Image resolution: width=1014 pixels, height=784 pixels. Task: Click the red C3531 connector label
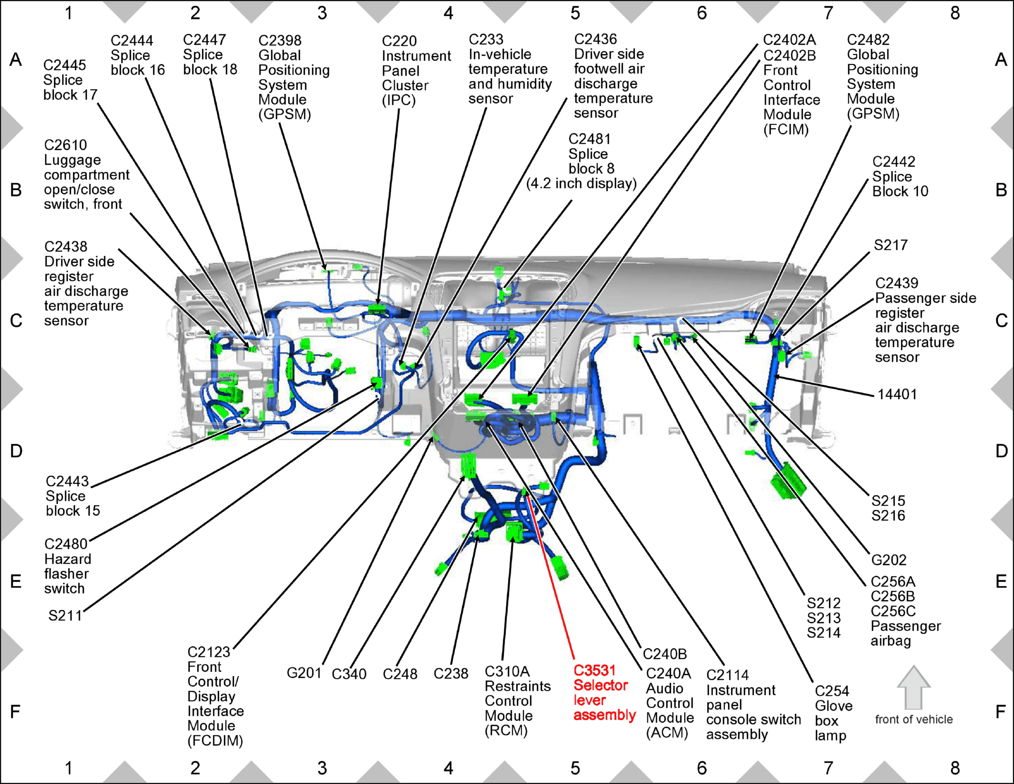click(595, 670)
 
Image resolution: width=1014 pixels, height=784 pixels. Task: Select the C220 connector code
click(399, 41)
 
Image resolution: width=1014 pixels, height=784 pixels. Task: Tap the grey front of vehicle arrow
click(914, 687)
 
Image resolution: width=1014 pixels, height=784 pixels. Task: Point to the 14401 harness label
click(897, 394)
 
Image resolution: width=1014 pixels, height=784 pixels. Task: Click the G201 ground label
click(304, 673)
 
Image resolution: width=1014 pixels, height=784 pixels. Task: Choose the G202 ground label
click(888, 560)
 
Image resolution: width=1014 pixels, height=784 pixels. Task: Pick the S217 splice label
click(891, 245)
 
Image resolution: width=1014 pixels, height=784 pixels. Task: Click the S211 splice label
click(65, 615)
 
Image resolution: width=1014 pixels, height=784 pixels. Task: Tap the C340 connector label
click(349, 674)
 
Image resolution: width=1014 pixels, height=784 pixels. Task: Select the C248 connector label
click(400, 674)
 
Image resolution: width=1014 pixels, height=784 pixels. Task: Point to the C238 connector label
click(451, 674)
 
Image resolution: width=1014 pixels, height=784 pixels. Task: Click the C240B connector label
click(665, 654)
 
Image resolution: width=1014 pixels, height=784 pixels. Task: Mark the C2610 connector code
click(66, 145)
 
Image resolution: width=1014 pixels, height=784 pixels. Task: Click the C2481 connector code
click(589, 139)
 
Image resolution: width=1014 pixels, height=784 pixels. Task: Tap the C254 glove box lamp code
click(832, 691)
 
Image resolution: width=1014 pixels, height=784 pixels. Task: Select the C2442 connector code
click(894, 161)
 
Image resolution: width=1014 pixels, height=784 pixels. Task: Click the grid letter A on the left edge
click(16, 60)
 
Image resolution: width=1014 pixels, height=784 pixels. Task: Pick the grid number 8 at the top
click(955, 13)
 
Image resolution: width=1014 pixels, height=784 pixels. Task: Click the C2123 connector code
click(209, 652)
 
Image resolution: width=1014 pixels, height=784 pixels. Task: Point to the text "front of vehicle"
click(914, 719)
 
